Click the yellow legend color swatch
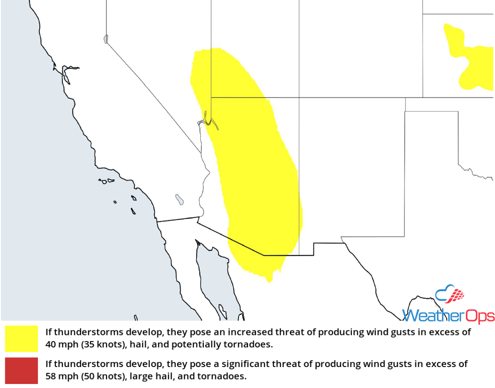[x=21, y=338]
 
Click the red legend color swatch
[x=21, y=370]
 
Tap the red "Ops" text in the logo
[x=479, y=315]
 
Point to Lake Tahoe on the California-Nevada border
[x=106, y=39]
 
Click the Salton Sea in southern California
[x=179, y=199]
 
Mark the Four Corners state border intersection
[x=299, y=97]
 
